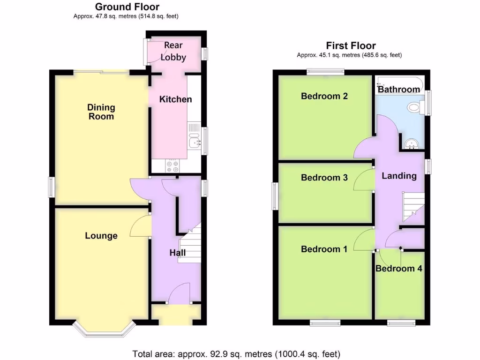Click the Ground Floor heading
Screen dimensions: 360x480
coord(127,7)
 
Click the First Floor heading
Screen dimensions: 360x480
coord(351,45)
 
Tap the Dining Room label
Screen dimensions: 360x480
coord(101,112)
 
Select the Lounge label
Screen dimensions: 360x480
coord(101,235)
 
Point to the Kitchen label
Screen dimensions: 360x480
coord(175,99)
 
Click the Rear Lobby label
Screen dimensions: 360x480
coord(173,52)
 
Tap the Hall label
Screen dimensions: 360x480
coord(177,253)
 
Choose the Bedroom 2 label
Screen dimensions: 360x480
coord(324,96)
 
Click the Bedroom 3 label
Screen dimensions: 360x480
coord(324,178)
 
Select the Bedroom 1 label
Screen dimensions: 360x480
coord(324,249)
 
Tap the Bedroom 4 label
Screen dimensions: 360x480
coord(395,269)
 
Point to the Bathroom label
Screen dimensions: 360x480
coord(399,89)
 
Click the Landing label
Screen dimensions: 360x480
coord(399,176)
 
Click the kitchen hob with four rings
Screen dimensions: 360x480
coord(172,166)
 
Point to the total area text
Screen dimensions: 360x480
coord(236,353)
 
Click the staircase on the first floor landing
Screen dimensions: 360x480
coord(412,206)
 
